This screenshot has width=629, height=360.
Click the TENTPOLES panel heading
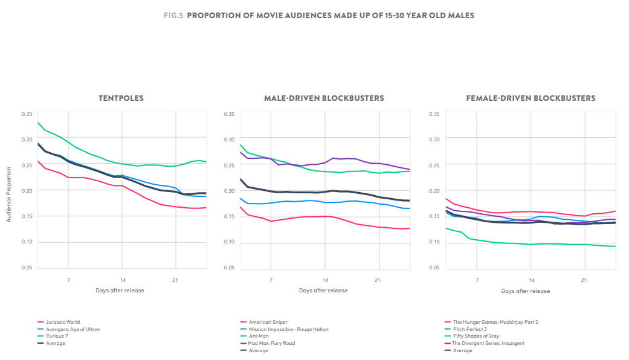pos(121,98)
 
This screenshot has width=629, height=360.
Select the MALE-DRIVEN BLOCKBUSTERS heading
pos(323,98)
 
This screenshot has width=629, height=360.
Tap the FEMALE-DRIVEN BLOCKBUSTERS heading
pos(531,98)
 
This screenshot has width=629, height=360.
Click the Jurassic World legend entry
pos(62,323)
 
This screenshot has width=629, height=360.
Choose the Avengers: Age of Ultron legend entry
pos(73,329)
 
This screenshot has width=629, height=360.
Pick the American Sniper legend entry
pos(268,323)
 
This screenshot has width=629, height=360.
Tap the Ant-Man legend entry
pos(260,336)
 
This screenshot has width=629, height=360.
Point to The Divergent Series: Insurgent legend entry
pos(488,344)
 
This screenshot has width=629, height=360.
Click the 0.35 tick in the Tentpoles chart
pos(27,114)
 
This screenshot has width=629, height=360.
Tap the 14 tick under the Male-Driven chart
pos(325,280)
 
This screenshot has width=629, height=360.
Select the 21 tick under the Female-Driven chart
pos(583,280)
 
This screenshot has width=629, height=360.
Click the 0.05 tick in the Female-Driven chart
pos(434,268)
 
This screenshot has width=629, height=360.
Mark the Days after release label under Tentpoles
pos(120,291)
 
